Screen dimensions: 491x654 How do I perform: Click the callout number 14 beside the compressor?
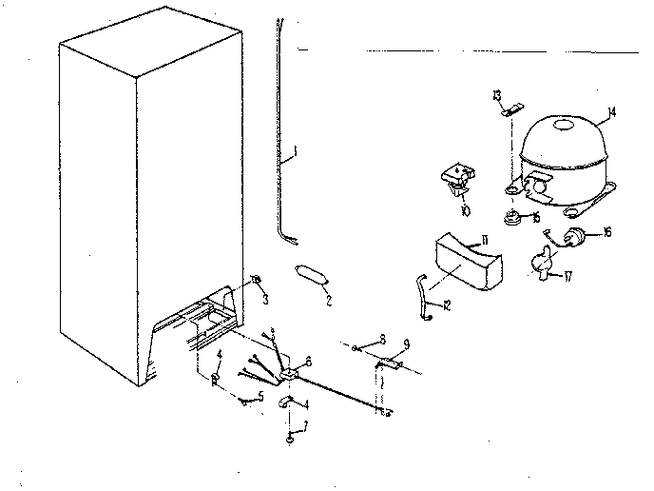click(611, 112)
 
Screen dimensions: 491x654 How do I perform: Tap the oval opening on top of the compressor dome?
click(564, 125)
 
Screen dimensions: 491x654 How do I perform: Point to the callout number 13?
click(496, 94)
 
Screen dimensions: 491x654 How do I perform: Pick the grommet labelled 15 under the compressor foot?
click(515, 217)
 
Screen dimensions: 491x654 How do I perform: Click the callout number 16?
click(606, 232)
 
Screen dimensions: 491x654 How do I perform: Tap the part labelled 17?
click(542, 260)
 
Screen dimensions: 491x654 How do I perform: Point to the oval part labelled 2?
click(312, 274)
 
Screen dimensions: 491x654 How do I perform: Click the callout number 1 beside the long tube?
click(295, 150)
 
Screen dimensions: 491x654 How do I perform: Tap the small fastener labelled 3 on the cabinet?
click(256, 280)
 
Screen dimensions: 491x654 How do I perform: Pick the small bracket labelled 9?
click(390, 363)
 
